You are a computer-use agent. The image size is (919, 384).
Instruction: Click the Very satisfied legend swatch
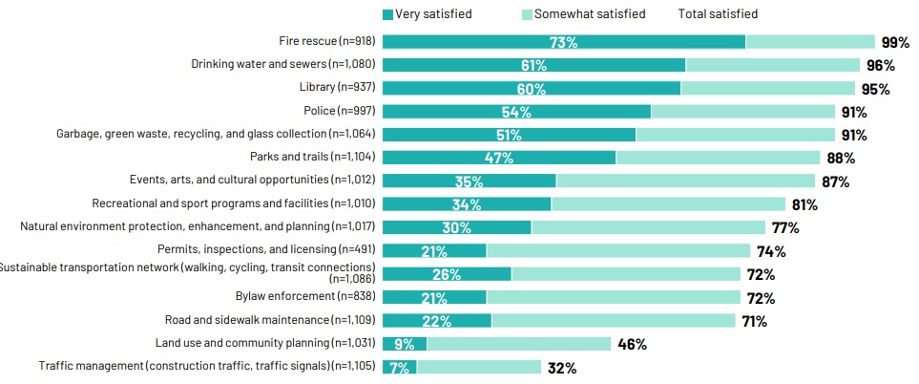tap(387, 14)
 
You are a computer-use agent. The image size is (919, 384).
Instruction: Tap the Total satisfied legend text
tap(718, 14)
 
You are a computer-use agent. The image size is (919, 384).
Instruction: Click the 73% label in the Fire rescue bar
tap(563, 42)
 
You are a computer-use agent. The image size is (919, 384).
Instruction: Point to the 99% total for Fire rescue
tap(895, 42)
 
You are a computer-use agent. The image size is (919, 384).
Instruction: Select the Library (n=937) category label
tap(338, 88)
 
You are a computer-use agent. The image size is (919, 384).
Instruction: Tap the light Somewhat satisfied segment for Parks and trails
tap(718, 158)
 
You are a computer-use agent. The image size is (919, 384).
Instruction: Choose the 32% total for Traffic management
tap(561, 368)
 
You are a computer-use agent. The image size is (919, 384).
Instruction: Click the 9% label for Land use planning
tap(405, 344)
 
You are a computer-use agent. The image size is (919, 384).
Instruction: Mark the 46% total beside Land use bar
tap(632, 344)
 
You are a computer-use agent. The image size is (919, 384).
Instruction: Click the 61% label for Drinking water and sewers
tap(533, 65)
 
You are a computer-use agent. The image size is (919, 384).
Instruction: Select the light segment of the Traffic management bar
tap(479, 368)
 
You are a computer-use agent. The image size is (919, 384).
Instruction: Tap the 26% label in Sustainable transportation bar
tap(447, 274)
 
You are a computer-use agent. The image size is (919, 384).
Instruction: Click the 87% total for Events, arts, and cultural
tap(835, 181)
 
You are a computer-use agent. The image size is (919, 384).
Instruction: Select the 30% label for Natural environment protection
tap(456, 227)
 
